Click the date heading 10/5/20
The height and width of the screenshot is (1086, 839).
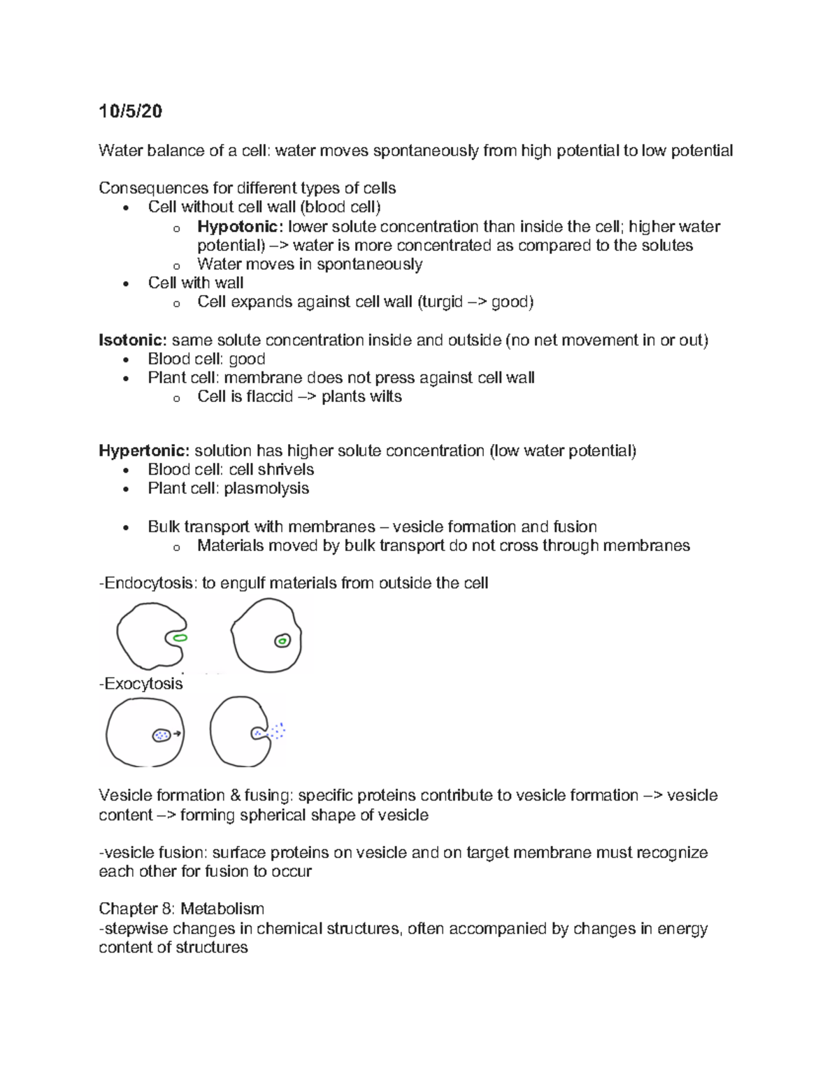click(130, 111)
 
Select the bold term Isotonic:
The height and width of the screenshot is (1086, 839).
click(132, 341)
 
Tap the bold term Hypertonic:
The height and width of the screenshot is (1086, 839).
click(144, 451)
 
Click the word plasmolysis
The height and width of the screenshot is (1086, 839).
click(266, 488)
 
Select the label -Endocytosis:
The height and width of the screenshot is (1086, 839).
click(148, 583)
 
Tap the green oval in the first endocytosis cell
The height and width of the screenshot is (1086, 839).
click(180, 638)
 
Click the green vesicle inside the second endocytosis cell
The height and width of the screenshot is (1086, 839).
click(282, 641)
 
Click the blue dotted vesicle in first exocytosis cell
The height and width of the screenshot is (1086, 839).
click(162, 735)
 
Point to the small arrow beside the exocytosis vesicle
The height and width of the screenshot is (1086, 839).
click(177, 734)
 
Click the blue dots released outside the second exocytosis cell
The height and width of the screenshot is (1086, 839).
click(278, 731)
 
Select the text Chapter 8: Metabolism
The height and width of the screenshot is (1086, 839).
click(181, 909)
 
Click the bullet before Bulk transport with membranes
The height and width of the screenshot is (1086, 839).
click(126, 528)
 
